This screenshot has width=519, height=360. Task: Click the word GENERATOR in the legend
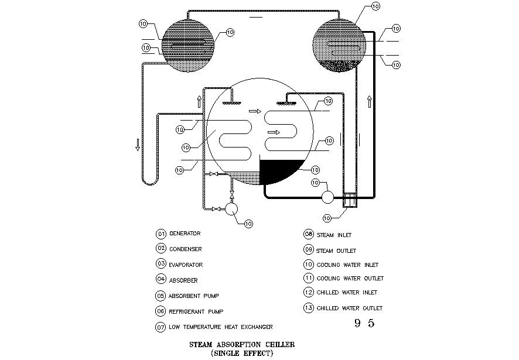[x=185, y=234]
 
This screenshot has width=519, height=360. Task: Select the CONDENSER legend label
[x=185, y=249]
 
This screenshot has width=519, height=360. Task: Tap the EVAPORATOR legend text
[x=186, y=265]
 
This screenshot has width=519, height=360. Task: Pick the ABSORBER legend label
[x=183, y=280]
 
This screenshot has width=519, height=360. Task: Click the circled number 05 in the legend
[x=161, y=296]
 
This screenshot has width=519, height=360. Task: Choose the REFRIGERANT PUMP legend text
[x=196, y=311]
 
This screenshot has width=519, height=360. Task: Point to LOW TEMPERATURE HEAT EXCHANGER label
[x=221, y=327]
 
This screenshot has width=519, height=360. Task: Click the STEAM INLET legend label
[x=334, y=235]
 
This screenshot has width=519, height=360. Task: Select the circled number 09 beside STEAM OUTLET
[x=309, y=249]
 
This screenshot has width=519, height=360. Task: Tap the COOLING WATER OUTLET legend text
[x=350, y=278]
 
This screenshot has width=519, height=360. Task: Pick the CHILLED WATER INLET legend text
[x=347, y=292]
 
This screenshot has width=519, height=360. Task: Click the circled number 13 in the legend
[x=309, y=308]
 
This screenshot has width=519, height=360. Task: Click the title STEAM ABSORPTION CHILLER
[x=242, y=344]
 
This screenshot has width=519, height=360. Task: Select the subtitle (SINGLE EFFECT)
[x=242, y=353]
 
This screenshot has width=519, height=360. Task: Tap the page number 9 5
[x=364, y=323]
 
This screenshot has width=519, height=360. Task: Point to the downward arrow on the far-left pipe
[x=138, y=145]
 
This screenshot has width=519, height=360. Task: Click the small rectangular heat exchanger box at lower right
[x=350, y=200]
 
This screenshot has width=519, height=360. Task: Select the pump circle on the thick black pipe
[x=328, y=197]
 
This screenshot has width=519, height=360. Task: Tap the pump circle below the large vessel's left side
[x=231, y=208]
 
